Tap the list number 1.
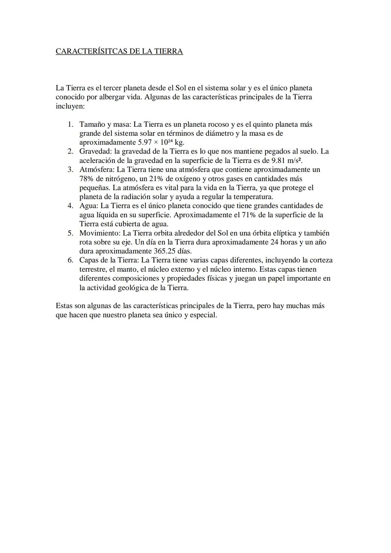(71, 125)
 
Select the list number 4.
(71, 206)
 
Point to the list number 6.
(71, 260)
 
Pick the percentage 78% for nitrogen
(87, 179)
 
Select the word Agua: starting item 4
(89, 206)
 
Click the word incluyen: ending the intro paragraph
(70, 106)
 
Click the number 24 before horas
(274, 242)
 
